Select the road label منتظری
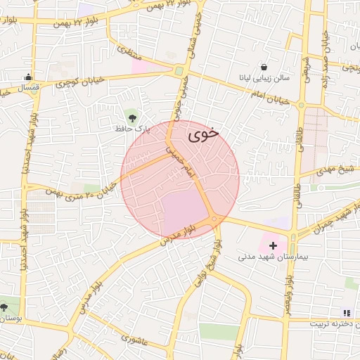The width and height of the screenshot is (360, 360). (x=129, y=49)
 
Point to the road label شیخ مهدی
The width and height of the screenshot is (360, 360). (x=333, y=169)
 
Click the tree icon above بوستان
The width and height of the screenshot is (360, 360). (x=4, y=307)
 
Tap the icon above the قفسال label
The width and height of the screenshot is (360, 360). (x=28, y=77)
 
